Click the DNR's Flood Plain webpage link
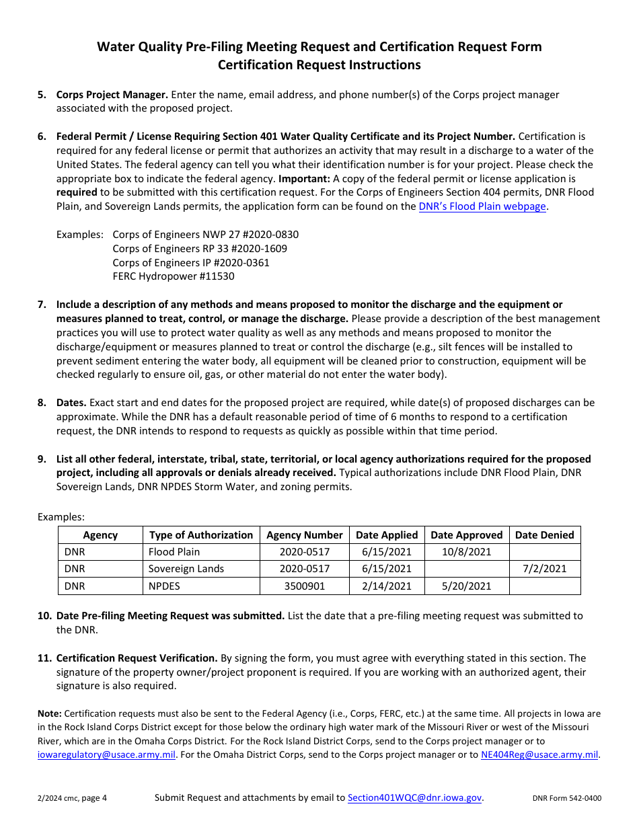[482, 206]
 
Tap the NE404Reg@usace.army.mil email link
[539, 754]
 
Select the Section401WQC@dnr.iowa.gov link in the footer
[414, 798]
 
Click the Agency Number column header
[305, 535]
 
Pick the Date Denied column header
[544, 535]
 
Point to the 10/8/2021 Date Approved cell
[466, 552]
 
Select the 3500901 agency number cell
[305, 586]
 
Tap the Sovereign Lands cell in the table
[186, 569]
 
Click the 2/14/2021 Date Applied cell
[386, 586]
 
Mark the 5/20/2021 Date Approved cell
[466, 586]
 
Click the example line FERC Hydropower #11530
[174, 276]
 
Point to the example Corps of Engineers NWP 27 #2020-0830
[205, 235]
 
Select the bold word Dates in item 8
[71, 403]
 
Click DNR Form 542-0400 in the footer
[566, 799]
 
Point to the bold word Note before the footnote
[49, 713]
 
